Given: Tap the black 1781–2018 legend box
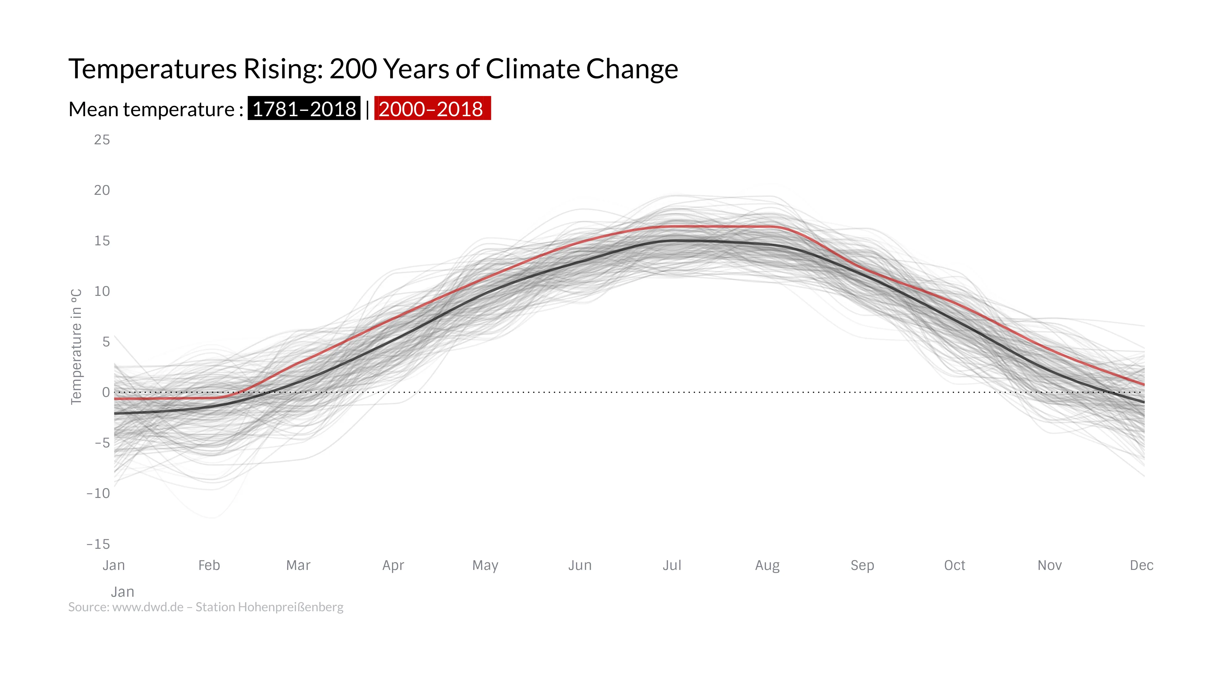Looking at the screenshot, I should pyautogui.click(x=304, y=109).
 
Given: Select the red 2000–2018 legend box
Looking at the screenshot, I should pyautogui.click(x=432, y=109).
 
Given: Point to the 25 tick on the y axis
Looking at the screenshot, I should pyautogui.click(x=102, y=140).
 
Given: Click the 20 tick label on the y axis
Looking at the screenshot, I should pyautogui.click(x=102, y=190).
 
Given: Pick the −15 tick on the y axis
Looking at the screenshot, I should pyautogui.click(x=98, y=544).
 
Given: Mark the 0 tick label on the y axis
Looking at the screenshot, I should pyautogui.click(x=106, y=392).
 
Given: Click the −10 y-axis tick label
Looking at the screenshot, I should pyautogui.click(x=98, y=493).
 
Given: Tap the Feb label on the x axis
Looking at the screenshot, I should pyautogui.click(x=209, y=565).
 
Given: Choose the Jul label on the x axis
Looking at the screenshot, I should pyautogui.click(x=672, y=565).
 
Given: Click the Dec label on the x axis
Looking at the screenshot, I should pyautogui.click(x=1141, y=565).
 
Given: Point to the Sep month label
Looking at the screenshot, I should pyautogui.click(x=862, y=565).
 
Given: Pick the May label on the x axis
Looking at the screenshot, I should pyautogui.click(x=485, y=565).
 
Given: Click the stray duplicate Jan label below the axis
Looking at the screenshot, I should pyautogui.click(x=123, y=592).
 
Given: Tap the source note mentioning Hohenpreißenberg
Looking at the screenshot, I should pyautogui.click(x=206, y=607).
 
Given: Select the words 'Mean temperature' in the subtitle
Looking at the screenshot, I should pyautogui.click(x=152, y=109).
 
